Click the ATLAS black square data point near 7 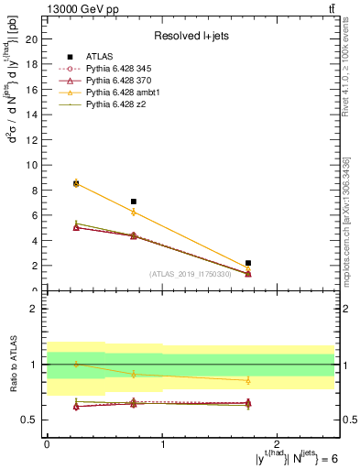point(134,202)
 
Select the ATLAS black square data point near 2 point(248,263)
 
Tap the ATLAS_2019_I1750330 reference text point(191,274)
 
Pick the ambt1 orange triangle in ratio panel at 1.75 point(248,380)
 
